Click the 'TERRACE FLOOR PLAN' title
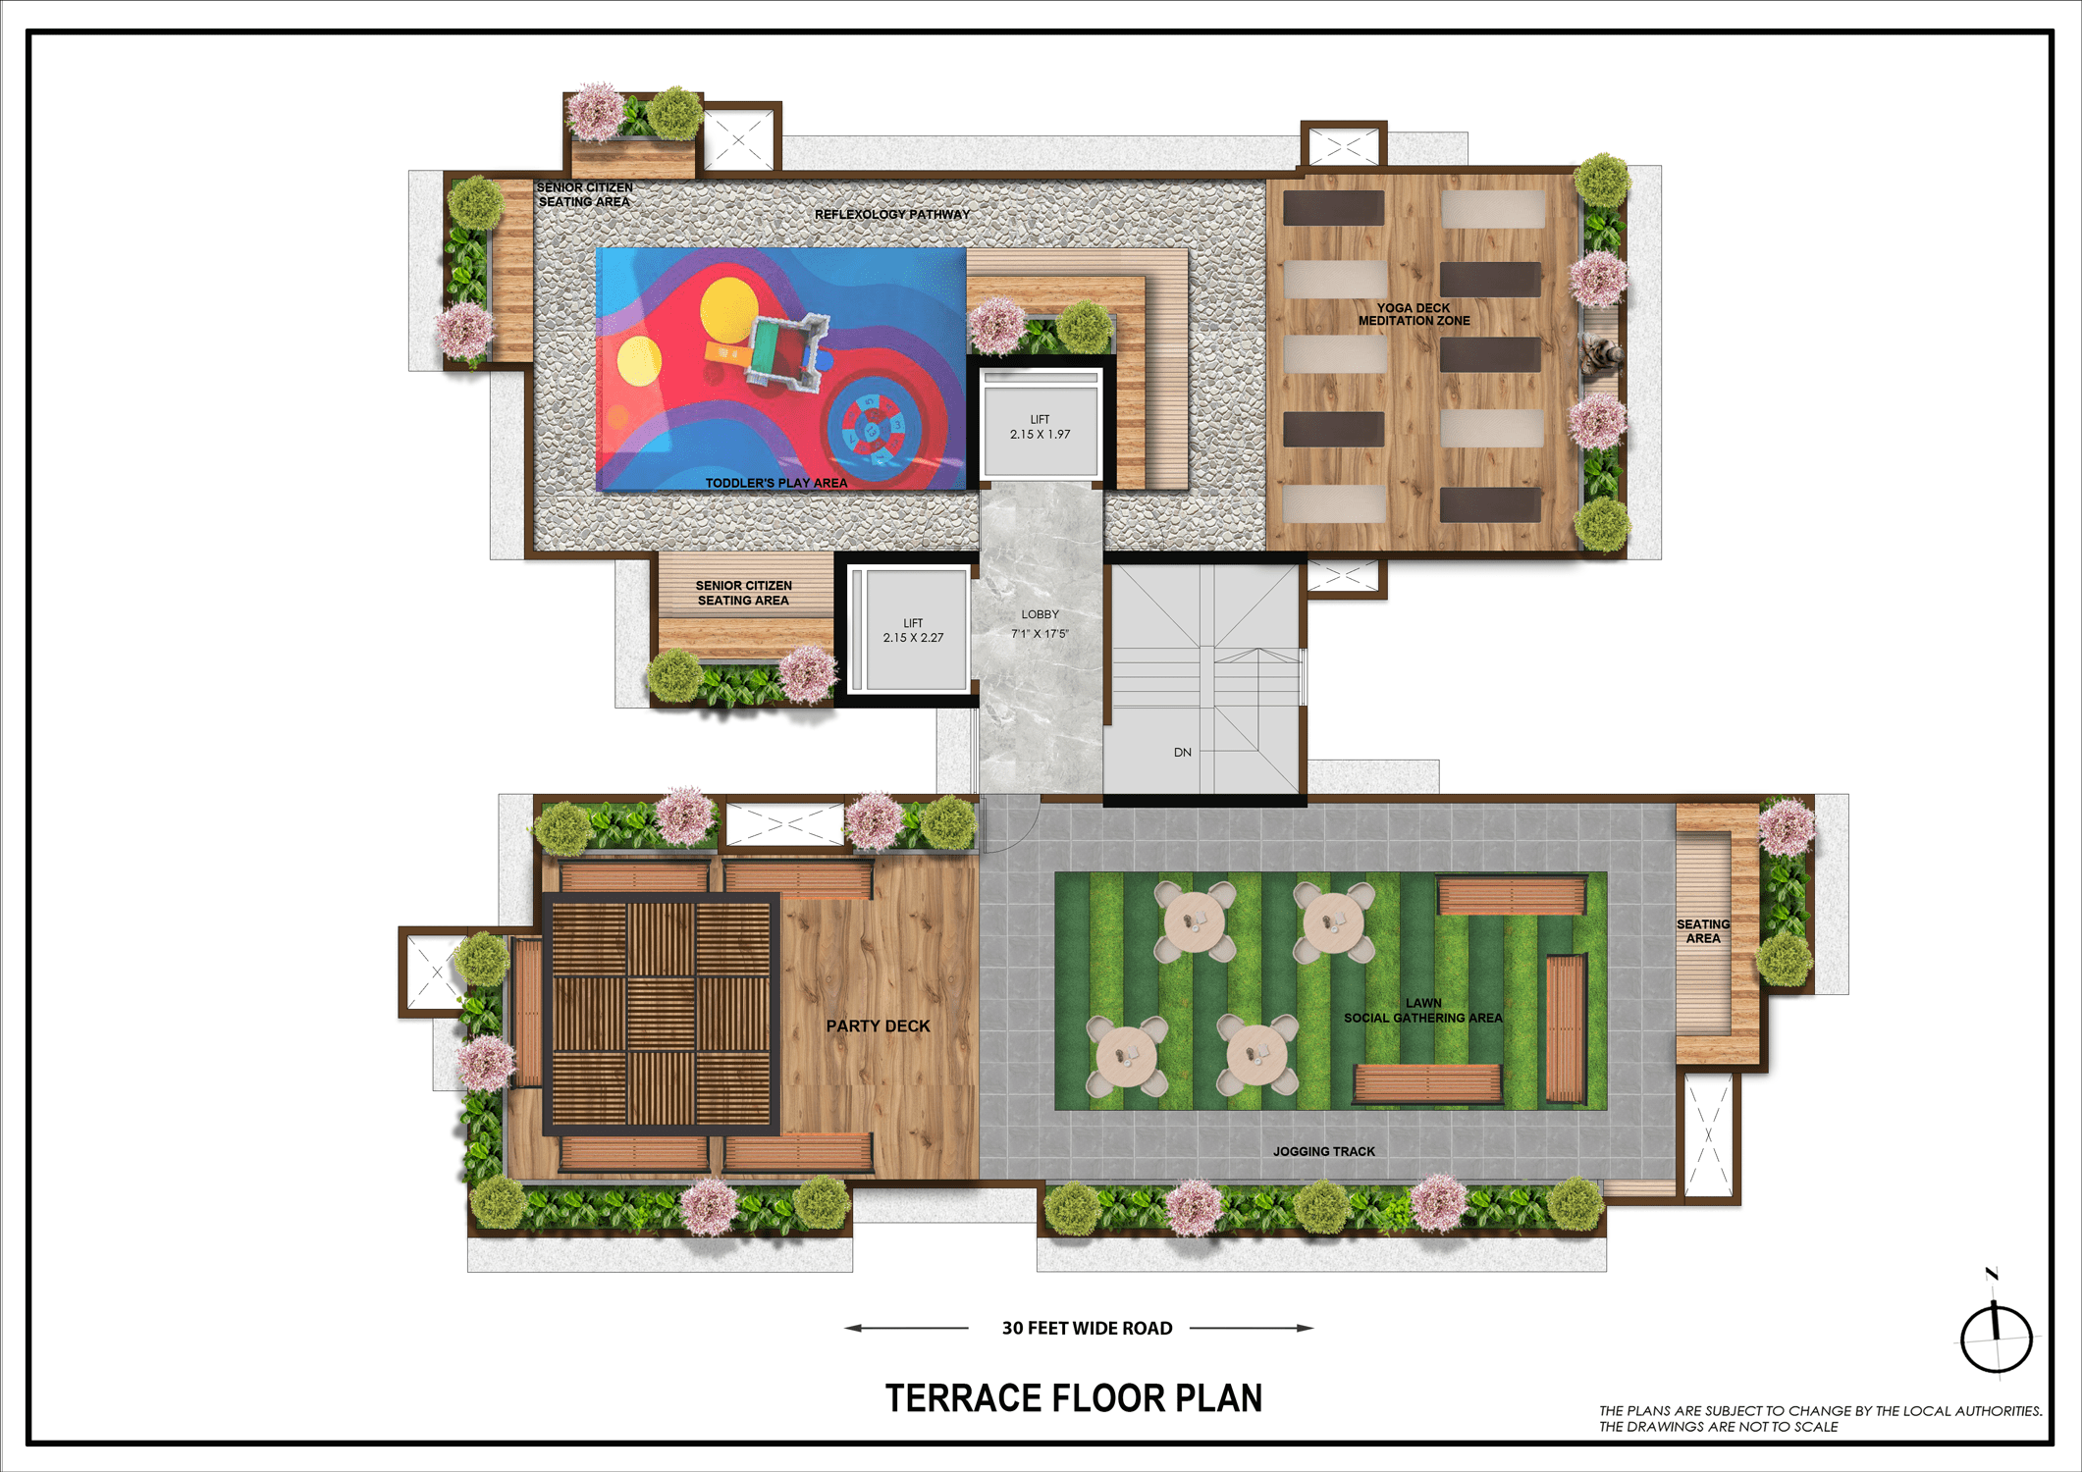1074,1398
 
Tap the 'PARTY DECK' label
878,1026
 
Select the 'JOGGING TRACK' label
1324,1151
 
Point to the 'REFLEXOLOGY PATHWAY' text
892,214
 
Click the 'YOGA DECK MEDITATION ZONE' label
1414,314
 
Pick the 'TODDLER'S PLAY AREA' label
776,483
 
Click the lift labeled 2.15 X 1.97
1041,427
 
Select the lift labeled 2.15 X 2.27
912,630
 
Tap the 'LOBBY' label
1040,614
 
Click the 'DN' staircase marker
1183,753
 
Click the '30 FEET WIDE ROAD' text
1087,1328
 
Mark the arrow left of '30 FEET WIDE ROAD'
906,1328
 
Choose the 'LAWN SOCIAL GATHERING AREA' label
1423,1011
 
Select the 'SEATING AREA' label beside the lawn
1703,931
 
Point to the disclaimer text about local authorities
1820,1419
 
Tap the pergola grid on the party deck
662,1014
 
